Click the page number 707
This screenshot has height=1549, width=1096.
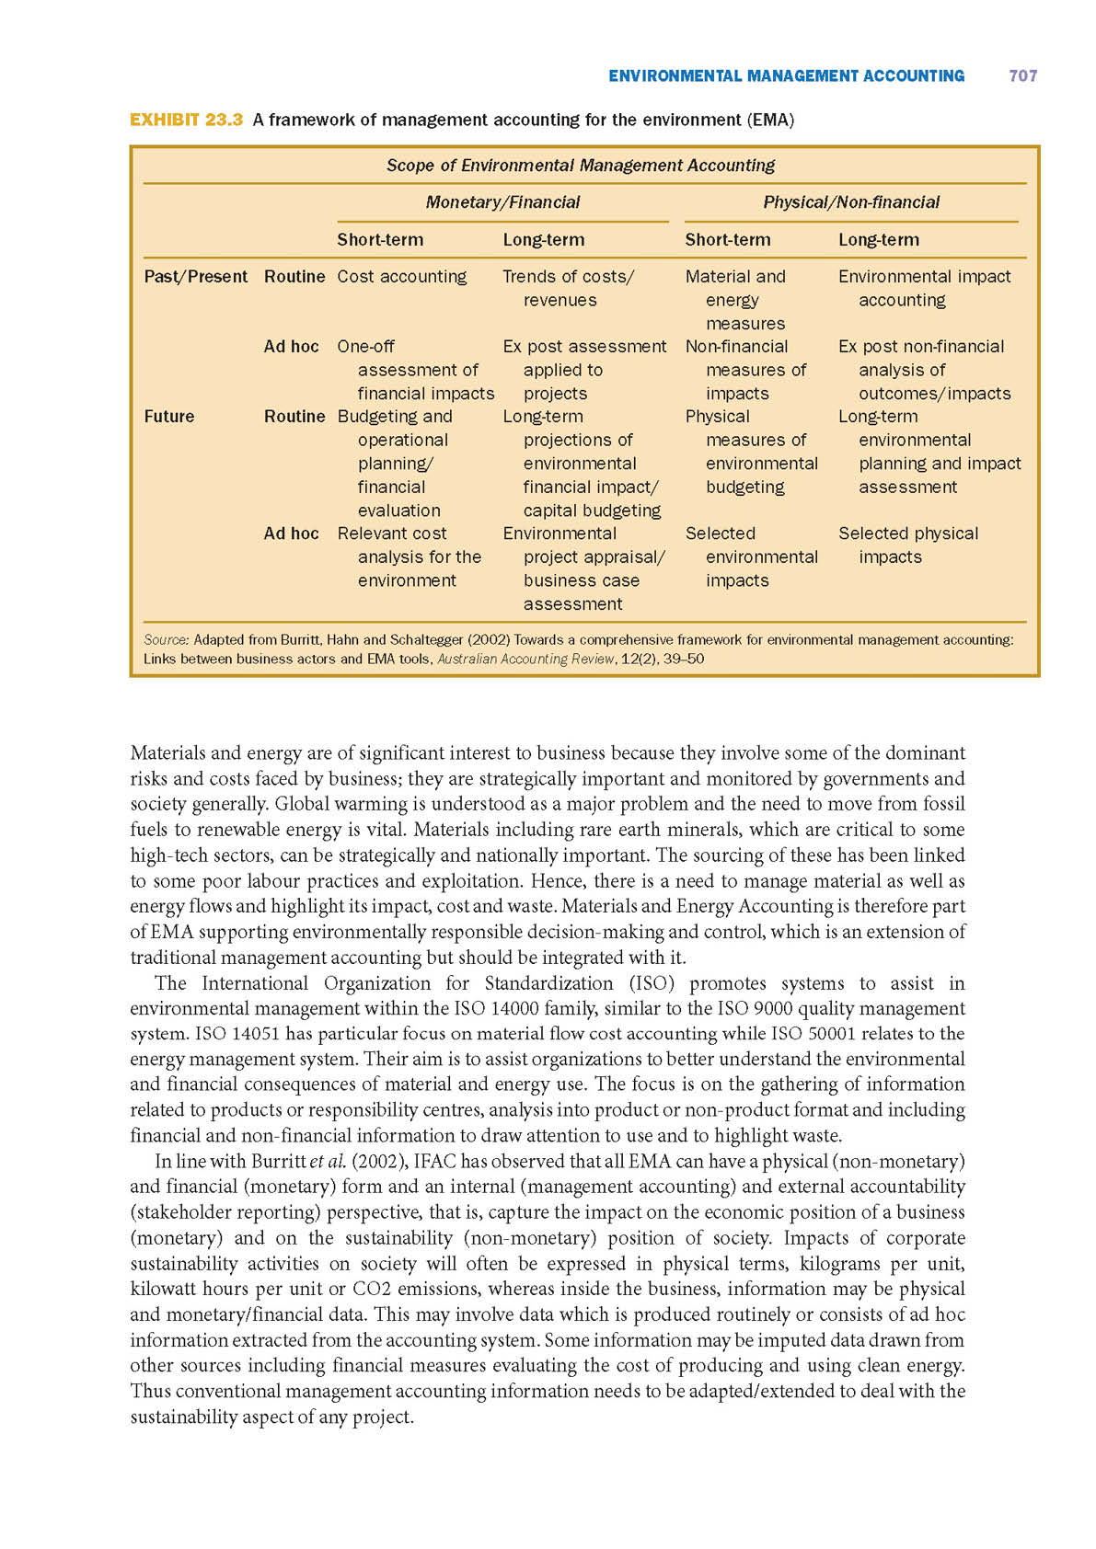coord(1022,76)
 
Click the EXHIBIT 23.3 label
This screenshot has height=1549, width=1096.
coord(186,120)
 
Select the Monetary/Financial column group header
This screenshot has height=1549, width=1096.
coord(502,202)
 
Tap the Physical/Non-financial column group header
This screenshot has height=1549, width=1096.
coord(851,202)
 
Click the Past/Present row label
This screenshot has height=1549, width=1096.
coord(195,277)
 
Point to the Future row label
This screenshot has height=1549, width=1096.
coord(169,417)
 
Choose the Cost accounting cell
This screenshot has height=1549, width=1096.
coord(401,277)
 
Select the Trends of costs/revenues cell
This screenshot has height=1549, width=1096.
coord(567,288)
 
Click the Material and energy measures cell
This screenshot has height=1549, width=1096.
coord(736,300)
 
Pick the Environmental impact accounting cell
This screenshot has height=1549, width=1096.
coord(923,288)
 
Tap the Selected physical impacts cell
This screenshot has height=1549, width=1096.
coord(907,545)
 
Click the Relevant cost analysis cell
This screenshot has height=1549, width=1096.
coord(409,557)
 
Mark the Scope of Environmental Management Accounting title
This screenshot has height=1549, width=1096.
coord(580,166)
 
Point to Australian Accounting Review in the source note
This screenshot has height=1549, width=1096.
coord(525,659)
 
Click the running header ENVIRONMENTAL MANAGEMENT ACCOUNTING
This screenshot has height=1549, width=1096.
coord(786,76)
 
